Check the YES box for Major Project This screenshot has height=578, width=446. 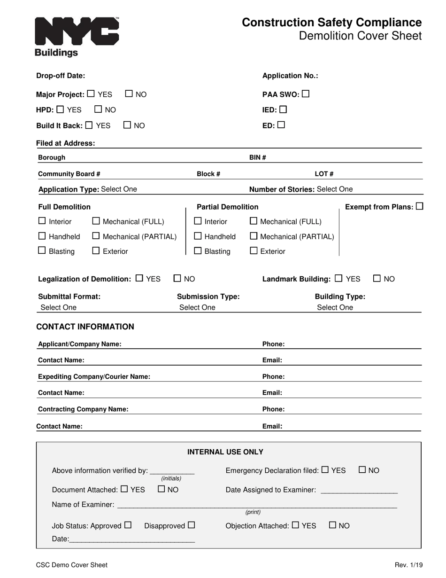click(x=91, y=94)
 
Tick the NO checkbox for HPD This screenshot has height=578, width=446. click(x=98, y=109)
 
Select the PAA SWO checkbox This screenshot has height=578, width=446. click(x=306, y=94)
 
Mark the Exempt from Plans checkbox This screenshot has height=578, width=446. click(x=419, y=206)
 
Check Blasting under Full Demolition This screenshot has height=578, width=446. click(x=42, y=250)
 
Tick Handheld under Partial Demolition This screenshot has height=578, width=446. click(x=198, y=236)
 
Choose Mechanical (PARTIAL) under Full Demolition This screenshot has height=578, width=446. click(x=96, y=236)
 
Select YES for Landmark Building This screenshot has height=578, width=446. click(x=339, y=278)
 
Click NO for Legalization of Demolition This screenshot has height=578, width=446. click(x=177, y=278)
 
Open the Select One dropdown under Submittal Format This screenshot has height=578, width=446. click(x=59, y=307)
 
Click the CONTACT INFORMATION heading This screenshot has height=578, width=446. click(x=85, y=327)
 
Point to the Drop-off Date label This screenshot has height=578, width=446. click(x=61, y=76)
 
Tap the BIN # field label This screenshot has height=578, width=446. click(x=257, y=157)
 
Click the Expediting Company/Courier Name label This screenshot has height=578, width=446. click(x=94, y=376)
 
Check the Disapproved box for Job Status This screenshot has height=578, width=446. click(x=191, y=525)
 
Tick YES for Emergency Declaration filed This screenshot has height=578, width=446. click(x=325, y=469)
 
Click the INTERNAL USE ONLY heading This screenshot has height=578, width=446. click(x=225, y=452)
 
